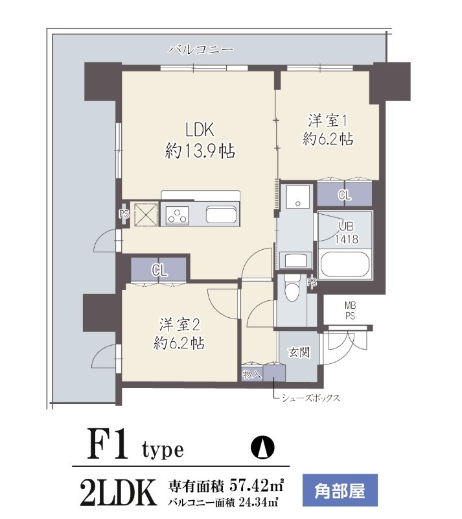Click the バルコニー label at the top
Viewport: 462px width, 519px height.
(201, 50)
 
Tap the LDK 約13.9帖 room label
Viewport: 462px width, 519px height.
(200, 140)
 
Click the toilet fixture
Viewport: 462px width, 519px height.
(292, 287)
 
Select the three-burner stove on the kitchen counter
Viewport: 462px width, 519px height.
(178, 215)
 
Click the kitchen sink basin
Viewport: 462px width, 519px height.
(222, 215)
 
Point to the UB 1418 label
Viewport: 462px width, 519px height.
(346, 232)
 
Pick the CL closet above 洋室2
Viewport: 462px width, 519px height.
(159, 271)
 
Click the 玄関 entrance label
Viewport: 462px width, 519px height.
(299, 352)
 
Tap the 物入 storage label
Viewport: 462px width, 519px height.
(252, 374)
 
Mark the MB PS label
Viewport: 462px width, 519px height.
(350, 311)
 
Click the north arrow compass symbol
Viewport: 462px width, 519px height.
(262, 448)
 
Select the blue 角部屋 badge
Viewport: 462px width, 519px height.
(340, 491)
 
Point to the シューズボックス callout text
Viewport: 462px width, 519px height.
(310, 398)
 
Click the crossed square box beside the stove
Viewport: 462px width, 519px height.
(146, 215)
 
